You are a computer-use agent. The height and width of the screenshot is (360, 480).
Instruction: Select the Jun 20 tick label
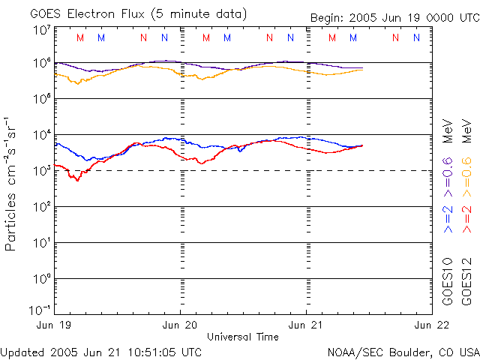tap(181, 325)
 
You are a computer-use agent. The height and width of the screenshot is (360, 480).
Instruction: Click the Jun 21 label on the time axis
tap(307, 325)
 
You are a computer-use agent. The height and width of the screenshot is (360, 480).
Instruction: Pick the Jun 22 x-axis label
tap(429, 325)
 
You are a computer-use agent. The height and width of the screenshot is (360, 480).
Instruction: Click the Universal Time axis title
tap(243, 337)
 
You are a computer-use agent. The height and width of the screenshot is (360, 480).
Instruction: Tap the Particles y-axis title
tap(12, 184)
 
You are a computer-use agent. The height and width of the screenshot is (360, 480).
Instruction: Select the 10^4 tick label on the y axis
tap(42, 135)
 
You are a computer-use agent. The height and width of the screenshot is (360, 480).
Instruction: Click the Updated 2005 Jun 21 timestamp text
tap(101, 351)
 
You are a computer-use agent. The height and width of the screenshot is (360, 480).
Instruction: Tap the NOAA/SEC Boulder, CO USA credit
tap(403, 351)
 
